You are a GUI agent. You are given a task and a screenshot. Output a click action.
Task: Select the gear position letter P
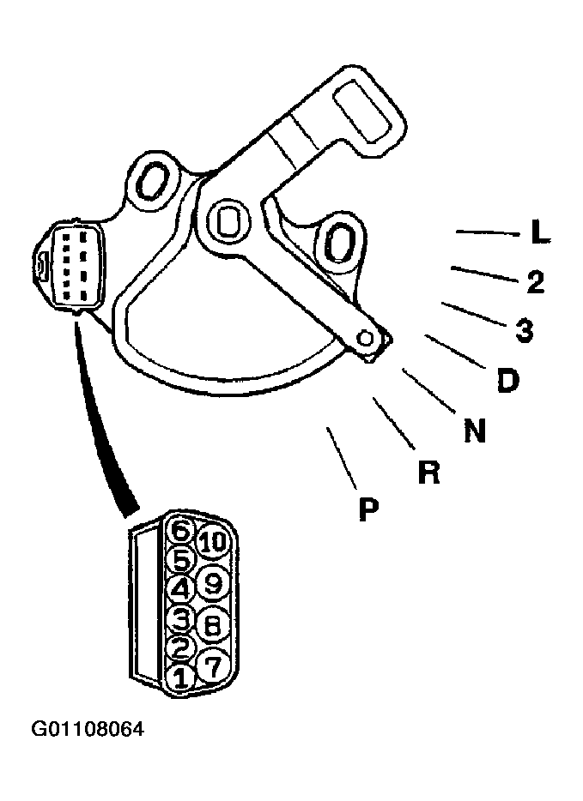pyautogui.click(x=368, y=509)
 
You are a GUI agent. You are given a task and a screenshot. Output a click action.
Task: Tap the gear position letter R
pyautogui.click(x=428, y=472)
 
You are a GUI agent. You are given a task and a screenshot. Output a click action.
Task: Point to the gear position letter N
pyautogui.click(x=475, y=431)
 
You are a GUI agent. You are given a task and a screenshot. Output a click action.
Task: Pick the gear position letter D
pyautogui.click(x=507, y=380)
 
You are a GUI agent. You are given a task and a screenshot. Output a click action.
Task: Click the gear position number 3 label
pyautogui.click(x=525, y=330)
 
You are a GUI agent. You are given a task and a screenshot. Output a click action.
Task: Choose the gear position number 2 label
pyautogui.click(x=536, y=281)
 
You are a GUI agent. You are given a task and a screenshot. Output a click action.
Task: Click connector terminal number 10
pyautogui.click(x=213, y=541)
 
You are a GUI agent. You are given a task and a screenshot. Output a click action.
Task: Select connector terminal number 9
pyautogui.click(x=213, y=583)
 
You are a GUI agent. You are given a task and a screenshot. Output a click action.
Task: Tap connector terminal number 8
pyautogui.click(x=212, y=624)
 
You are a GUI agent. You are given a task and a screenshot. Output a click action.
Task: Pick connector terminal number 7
pyautogui.click(x=212, y=665)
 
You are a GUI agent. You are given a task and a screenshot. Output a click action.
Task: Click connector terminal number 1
pyautogui.click(x=179, y=678)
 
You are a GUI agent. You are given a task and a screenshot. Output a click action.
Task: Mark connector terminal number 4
pyautogui.click(x=179, y=590)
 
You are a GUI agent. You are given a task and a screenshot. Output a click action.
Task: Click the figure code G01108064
pyautogui.click(x=88, y=729)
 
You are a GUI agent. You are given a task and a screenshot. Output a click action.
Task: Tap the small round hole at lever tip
pyautogui.click(x=366, y=338)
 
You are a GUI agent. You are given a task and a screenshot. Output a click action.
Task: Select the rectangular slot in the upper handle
pyautogui.click(x=362, y=113)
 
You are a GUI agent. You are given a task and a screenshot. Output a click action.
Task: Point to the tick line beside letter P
pyautogui.click(x=342, y=458)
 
